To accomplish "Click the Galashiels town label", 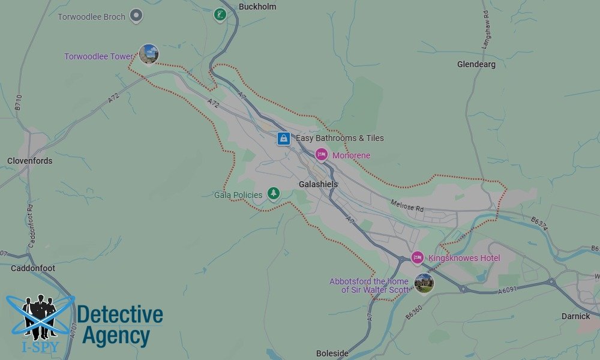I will click(x=318, y=184).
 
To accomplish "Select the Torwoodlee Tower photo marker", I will click(x=148, y=54).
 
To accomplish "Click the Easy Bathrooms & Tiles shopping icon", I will click(x=284, y=139).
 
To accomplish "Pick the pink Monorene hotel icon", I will click(x=322, y=155).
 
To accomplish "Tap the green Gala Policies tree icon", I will click(x=274, y=193).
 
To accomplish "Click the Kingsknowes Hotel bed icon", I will click(x=418, y=257).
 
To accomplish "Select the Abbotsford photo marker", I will click(x=424, y=283).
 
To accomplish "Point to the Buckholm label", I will click(x=257, y=7).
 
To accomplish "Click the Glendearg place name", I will click(x=476, y=64).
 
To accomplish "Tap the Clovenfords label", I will click(x=30, y=161).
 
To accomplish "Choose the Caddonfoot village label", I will click(x=33, y=268).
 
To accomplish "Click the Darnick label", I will click(x=575, y=316).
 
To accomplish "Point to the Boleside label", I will click(x=332, y=353).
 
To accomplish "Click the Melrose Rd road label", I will click(x=407, y=206).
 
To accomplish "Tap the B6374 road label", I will click(x=539, y=223).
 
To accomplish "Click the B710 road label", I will click(x=19, y=102).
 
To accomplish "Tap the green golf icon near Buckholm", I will click(x=220, y=14).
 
